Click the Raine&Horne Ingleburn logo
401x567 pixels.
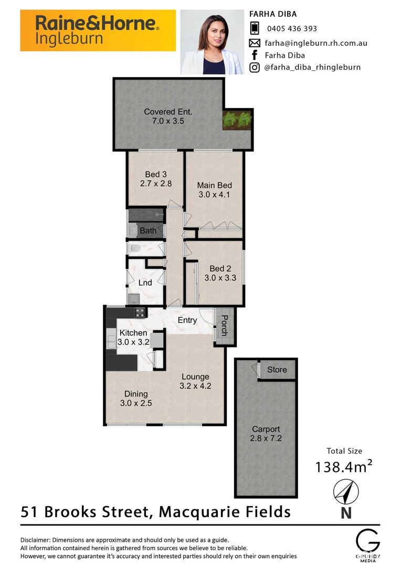click(x=98, y=30)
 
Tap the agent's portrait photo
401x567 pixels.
click(x=212, y=42)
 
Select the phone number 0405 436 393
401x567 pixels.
click(x=292, y=29)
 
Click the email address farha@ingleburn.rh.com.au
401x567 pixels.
click(x=316, y=43)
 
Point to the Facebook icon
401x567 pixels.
click(x=255, y=55)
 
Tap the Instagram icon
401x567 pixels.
click(x=255, y=67)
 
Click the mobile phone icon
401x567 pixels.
click(x=255, y=28)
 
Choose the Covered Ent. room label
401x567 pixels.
click(x=168, y=111)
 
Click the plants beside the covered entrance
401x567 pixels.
click(x=237, y=120)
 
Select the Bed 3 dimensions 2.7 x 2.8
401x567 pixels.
click(x=156, y=184)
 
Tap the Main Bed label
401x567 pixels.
click(x=214, y=185)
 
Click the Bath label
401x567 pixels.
click(x=147, y=230)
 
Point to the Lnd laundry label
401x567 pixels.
click(x=145, y=283)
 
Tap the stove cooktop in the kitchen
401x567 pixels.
click(x=140, y=313)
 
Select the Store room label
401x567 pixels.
click(x=277, y=370)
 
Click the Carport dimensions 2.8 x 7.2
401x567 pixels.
click(x=266, y=438)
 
